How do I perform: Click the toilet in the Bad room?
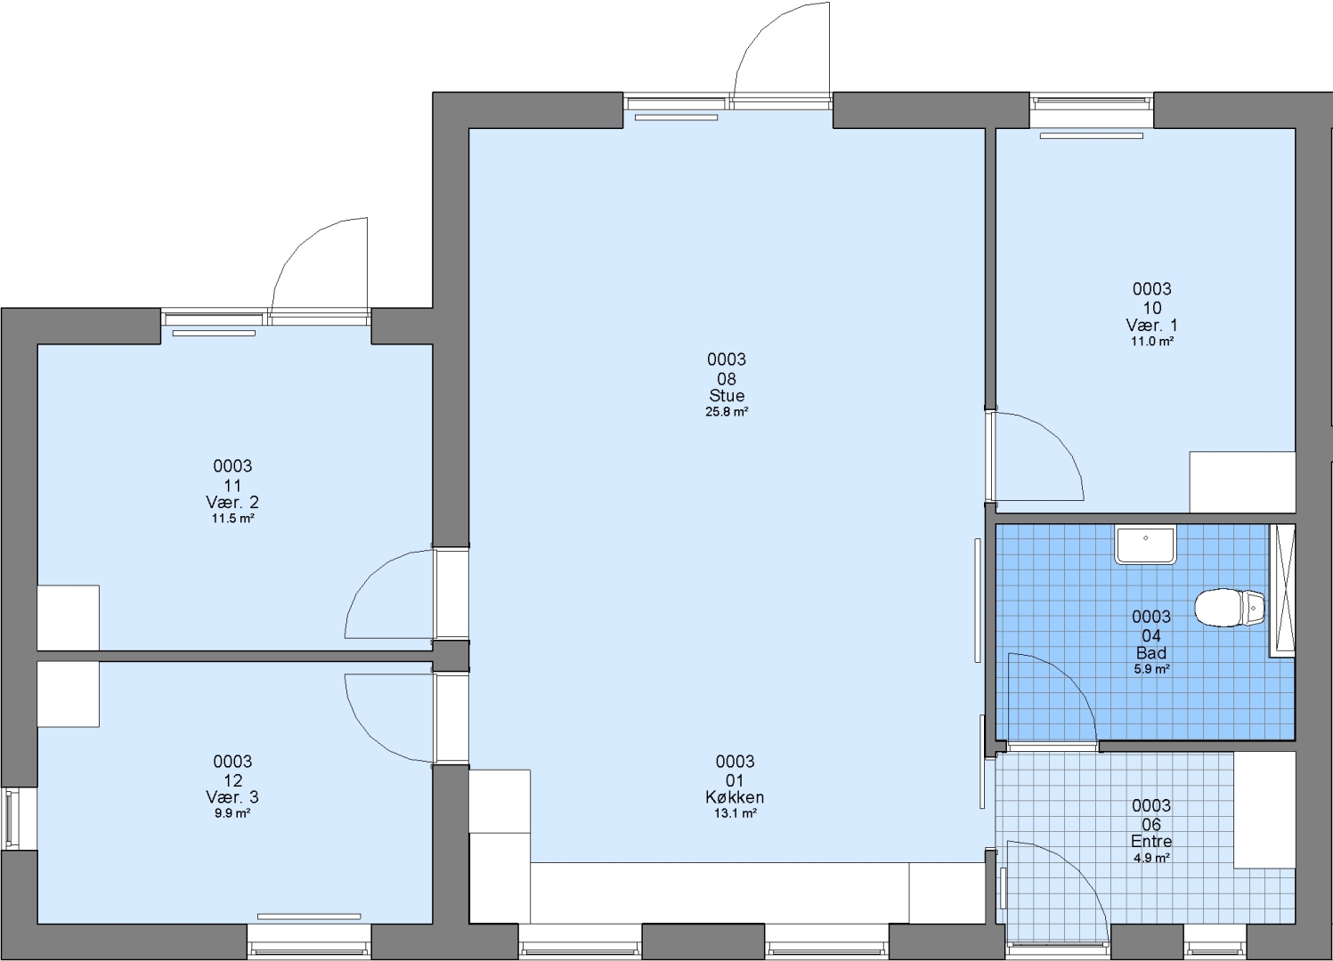1230,607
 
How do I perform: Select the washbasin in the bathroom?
1145,545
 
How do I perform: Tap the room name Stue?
727,395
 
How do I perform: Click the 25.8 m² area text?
727,411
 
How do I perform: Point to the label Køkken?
735,797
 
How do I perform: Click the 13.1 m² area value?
735,813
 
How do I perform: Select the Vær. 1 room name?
1151,326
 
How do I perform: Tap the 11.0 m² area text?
1152,342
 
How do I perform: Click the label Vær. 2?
232,502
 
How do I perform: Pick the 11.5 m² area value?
232,519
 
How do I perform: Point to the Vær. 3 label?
232,797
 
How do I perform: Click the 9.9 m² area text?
232,813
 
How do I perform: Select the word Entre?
1151,841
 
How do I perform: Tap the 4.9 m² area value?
1152,858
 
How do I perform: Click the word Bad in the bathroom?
1150,652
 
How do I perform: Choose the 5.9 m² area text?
1151,669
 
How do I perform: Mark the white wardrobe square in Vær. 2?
68,618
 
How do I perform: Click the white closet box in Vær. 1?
1242,481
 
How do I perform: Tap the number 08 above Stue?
727,379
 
